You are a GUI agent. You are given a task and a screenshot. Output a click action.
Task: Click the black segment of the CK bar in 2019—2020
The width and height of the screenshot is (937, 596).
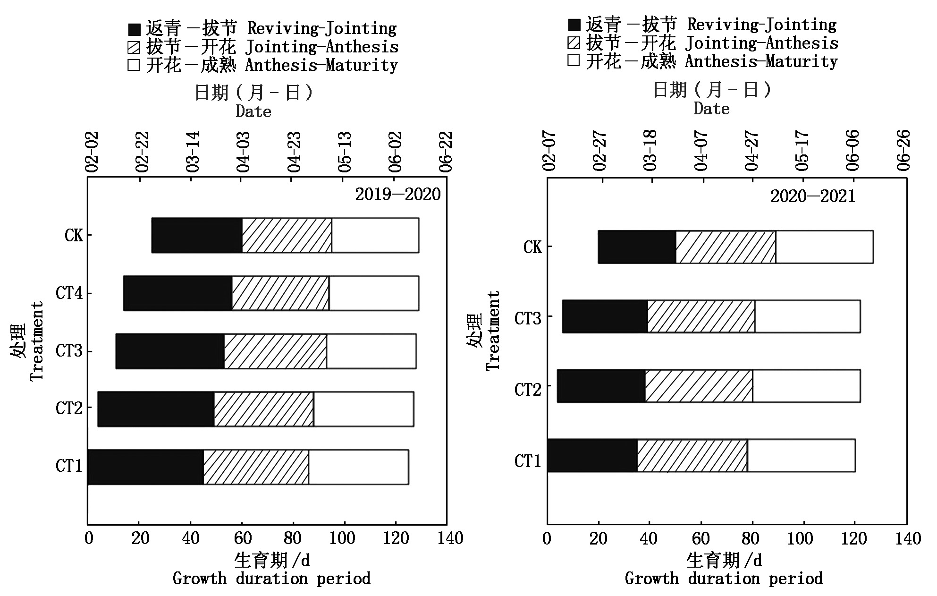[x=197, y=235]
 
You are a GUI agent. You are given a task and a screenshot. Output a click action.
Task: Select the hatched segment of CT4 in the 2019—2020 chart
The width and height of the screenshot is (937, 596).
[x=280, y=293]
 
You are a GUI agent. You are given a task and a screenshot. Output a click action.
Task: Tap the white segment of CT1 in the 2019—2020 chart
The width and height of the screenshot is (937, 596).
[x=358, y=467]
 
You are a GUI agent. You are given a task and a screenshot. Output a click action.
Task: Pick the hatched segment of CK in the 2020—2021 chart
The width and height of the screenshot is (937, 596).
[x=726, y=247]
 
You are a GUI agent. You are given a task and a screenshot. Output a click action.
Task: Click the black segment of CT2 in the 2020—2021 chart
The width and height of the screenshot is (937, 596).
[x=601, y=386]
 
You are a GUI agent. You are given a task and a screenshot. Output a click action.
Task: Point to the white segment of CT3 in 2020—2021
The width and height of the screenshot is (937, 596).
[x=807, y=316]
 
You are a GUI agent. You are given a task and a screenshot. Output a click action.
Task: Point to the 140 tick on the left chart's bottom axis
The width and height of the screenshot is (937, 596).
[x=450, y=538]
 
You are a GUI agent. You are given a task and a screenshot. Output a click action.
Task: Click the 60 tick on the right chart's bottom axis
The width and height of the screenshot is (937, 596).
[x=701, y=538]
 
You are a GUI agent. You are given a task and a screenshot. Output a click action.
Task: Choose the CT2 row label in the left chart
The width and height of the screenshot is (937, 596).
[x=69, y=408]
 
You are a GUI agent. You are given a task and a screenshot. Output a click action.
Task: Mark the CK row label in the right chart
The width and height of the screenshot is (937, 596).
[x=532, y=247]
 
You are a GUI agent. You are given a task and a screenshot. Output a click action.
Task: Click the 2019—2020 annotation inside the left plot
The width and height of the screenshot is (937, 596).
[x=397, y=195]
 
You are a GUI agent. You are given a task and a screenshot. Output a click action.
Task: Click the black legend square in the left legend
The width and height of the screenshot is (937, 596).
[x=134, y=29]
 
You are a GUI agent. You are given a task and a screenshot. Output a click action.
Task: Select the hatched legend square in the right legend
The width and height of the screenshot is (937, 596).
[x=574, y=43]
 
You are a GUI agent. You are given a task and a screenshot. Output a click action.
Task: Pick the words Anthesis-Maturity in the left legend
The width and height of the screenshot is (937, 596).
[x=321, y=65]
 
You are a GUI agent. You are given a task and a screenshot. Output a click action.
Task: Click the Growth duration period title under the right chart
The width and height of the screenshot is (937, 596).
[x=724, y=579]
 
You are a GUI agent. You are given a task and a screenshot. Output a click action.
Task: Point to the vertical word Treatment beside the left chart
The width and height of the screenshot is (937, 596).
[x=37, y=341]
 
